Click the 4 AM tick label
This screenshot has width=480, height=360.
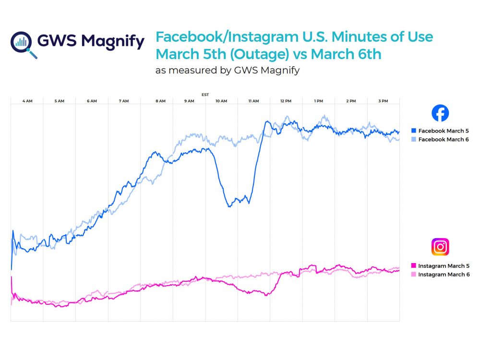(x=27, y=101)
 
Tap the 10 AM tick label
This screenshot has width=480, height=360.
(x=221, y=101)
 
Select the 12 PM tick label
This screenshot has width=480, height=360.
(x=286, y=101)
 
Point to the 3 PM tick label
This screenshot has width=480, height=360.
(x=383, y=101)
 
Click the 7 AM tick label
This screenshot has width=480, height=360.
(x=124, y=101)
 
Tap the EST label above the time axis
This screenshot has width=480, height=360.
(x=205, y=95)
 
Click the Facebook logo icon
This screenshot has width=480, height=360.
(x=440, y=113)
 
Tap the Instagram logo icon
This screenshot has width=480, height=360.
(x=440, y=247)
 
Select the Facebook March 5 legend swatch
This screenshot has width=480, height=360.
(x=414, y=131)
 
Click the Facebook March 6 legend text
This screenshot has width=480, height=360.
(x=443, y=139)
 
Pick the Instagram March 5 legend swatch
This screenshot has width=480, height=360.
(x=414, y=266)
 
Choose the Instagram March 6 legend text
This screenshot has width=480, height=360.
(x=444, y=275)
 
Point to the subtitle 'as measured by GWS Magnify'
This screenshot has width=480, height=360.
(x=228, y=70)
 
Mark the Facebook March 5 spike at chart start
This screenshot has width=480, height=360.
(x=13, y=231)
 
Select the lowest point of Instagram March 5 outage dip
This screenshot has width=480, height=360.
(x=265, y=295)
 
